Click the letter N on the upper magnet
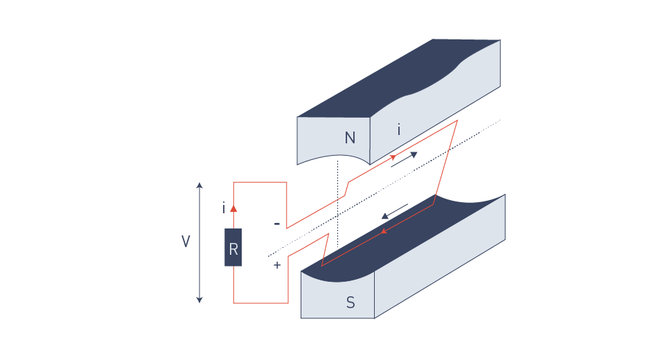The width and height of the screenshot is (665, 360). click(350, 138)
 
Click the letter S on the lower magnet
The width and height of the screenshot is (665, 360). click(351, 303)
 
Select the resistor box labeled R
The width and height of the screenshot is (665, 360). click(233, 247)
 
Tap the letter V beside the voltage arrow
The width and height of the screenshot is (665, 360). click(186, 242)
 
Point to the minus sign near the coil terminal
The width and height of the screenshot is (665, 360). click(277, 224)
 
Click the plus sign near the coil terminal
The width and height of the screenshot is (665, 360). click(277, 264)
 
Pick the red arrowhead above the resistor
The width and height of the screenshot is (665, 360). click(233, 207)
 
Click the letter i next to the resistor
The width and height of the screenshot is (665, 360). click(223, 208)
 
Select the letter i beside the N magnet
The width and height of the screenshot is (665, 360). click(398, 129)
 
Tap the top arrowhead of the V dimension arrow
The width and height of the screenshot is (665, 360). click(199, 185)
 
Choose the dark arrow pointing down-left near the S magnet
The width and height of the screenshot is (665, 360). click(394, 210)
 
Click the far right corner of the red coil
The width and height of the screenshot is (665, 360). click(458, 121)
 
